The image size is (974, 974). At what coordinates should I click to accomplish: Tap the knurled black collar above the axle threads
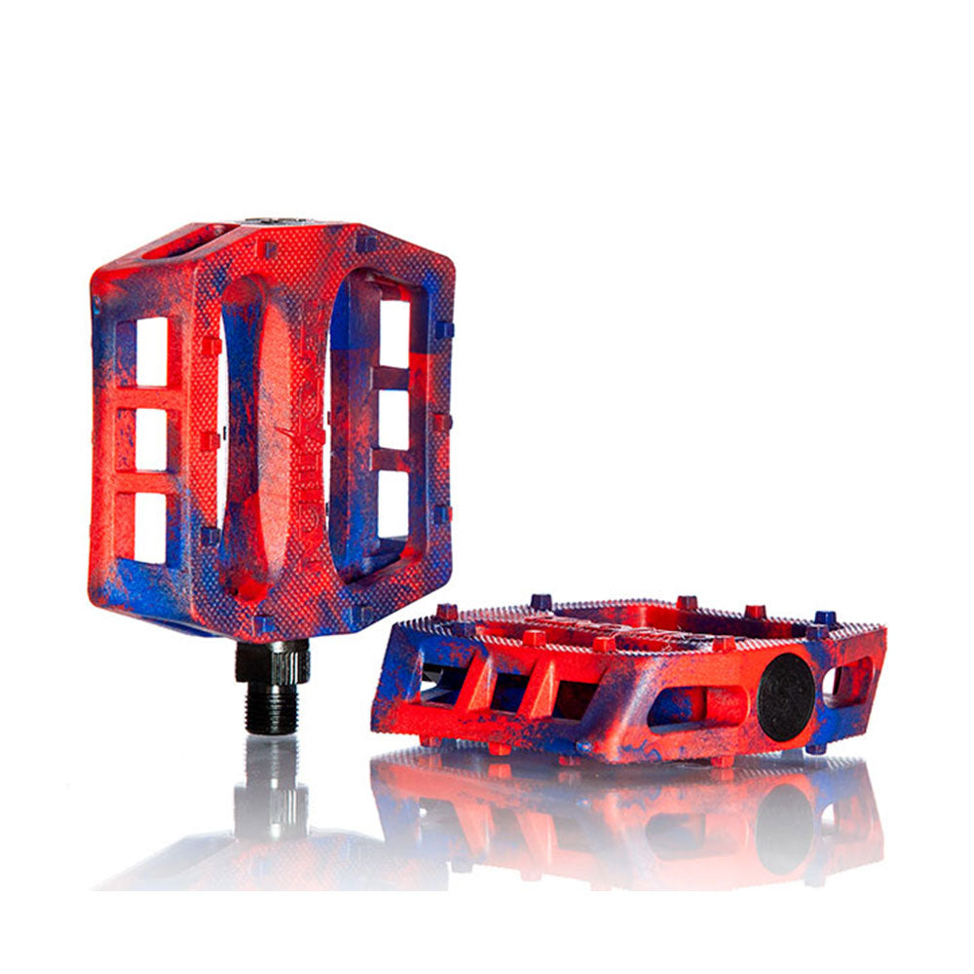coord(272,661)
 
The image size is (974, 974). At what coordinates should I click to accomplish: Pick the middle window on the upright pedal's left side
coord(151,439)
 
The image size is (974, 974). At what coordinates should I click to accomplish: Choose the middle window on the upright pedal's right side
coord(393,420)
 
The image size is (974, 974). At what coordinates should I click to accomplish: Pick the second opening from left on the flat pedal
coord(508,691)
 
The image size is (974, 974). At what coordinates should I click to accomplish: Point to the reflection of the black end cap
coord(784,828)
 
